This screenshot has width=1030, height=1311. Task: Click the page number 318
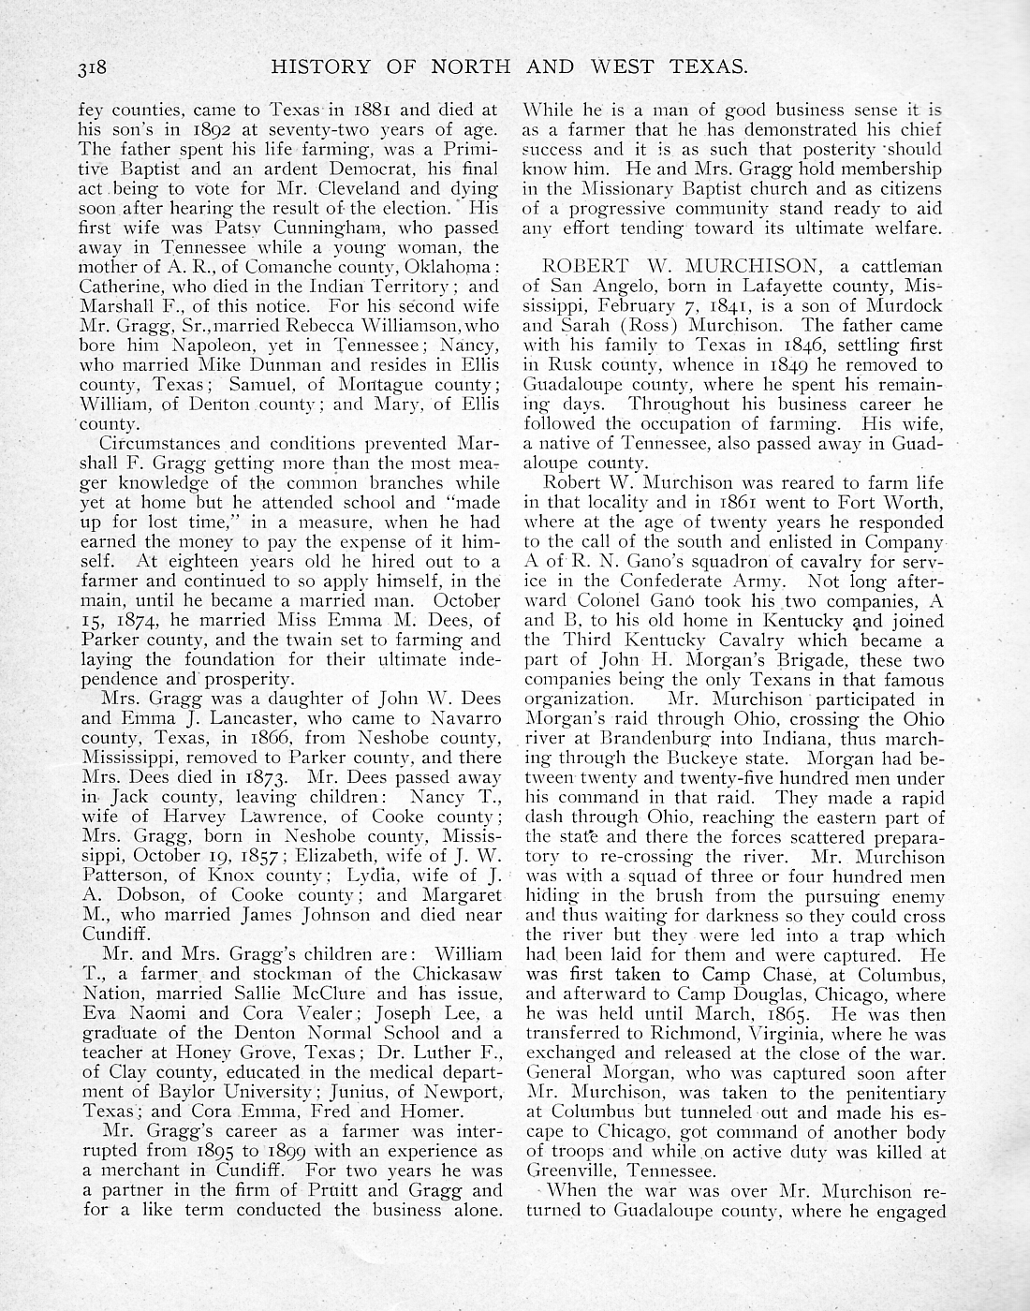(95, 67)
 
